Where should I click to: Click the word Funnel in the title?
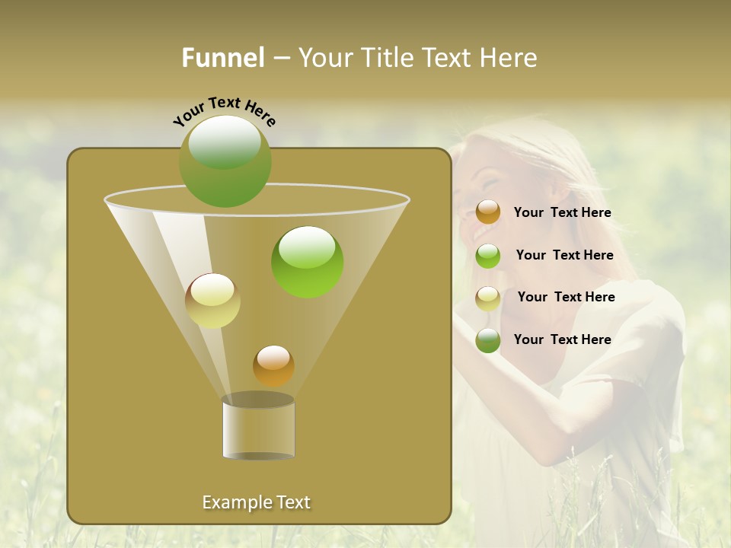coord(223,58)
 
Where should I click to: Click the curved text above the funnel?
coord(224,111)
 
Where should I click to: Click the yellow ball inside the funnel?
coord(212,301)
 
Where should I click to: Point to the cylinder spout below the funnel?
coord(258,428)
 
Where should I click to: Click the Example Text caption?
coord(257,502)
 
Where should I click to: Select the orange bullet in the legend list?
coord(488,212)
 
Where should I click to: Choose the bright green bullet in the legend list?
coord(488,256)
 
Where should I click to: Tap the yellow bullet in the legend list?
coord(488,298)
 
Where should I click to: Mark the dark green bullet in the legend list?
coord(488,340)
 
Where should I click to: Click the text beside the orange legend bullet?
coord(562,213)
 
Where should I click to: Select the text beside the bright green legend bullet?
coord(564,256)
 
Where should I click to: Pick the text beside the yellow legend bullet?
coord(566,298)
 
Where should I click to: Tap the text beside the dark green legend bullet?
coord(562,340)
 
